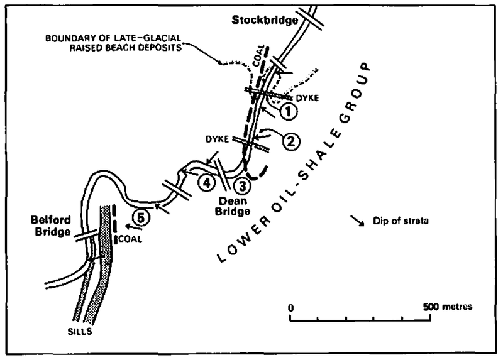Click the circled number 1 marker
[289, 112]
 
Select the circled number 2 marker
[291, 141]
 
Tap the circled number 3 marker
[242, 186]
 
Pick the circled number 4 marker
[206, 183]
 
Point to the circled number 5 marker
[141, 217]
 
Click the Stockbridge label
[265, 20]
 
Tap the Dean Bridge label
[233, 206]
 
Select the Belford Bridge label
[51, 226]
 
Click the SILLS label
[80, 332]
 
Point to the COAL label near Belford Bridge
[130, 239]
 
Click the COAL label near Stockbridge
[259, 56]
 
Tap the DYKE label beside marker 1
[307, 98]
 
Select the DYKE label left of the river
[217, 139]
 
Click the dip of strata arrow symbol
[357, 221]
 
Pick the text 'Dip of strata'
[401, 221]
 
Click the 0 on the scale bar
[290, 308]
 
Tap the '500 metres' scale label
[448, 307]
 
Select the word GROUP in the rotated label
[356, 92]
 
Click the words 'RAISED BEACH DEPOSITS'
[125, 48]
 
